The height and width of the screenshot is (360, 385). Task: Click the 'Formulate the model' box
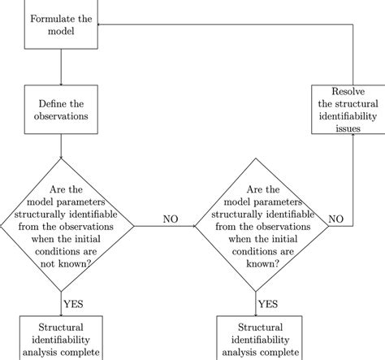[62, 24]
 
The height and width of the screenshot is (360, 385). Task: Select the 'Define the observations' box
[62, 110]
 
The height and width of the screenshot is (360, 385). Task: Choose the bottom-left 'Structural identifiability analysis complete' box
[62, 337]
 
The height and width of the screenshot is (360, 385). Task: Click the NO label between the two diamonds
[171, 219]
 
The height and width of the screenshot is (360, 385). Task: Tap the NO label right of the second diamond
[336, 219]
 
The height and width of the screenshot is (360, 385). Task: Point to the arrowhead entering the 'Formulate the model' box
[99, 24]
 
